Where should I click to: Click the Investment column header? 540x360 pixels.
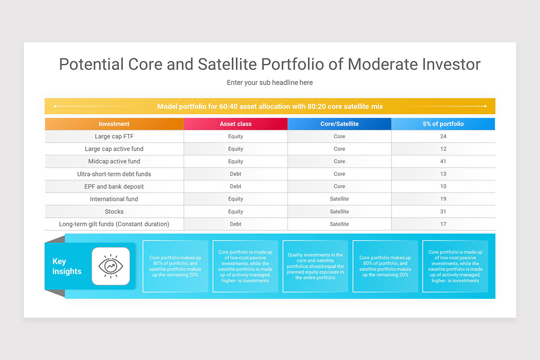[114, 124]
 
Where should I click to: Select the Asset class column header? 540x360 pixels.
[235, 124]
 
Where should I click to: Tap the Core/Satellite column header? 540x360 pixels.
[339, 124]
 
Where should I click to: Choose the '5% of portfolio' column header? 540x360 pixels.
[443, 124]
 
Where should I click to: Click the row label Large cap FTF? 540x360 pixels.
[114, 136]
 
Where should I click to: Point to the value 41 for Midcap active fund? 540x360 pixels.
[443, 161]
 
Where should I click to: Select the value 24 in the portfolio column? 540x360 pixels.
[443, 136]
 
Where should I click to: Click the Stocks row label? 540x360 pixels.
[114, 211]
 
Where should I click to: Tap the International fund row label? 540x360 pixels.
[114, 199]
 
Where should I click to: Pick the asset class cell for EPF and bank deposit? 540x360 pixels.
[235, 186]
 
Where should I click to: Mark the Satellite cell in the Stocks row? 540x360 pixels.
[339, 211]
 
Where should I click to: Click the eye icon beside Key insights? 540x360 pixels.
[111, 266]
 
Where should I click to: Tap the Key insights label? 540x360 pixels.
[67, 266]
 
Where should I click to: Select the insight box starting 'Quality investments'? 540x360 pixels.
[315, 266]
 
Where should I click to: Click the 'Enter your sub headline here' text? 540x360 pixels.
[270, 83]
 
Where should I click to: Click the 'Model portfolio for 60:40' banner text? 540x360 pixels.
[270, 107]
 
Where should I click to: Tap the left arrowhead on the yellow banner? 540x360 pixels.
[54, 107]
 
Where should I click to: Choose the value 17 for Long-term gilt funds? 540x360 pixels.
[443, 224]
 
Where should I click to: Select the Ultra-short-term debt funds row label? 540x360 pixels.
[114, 174]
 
